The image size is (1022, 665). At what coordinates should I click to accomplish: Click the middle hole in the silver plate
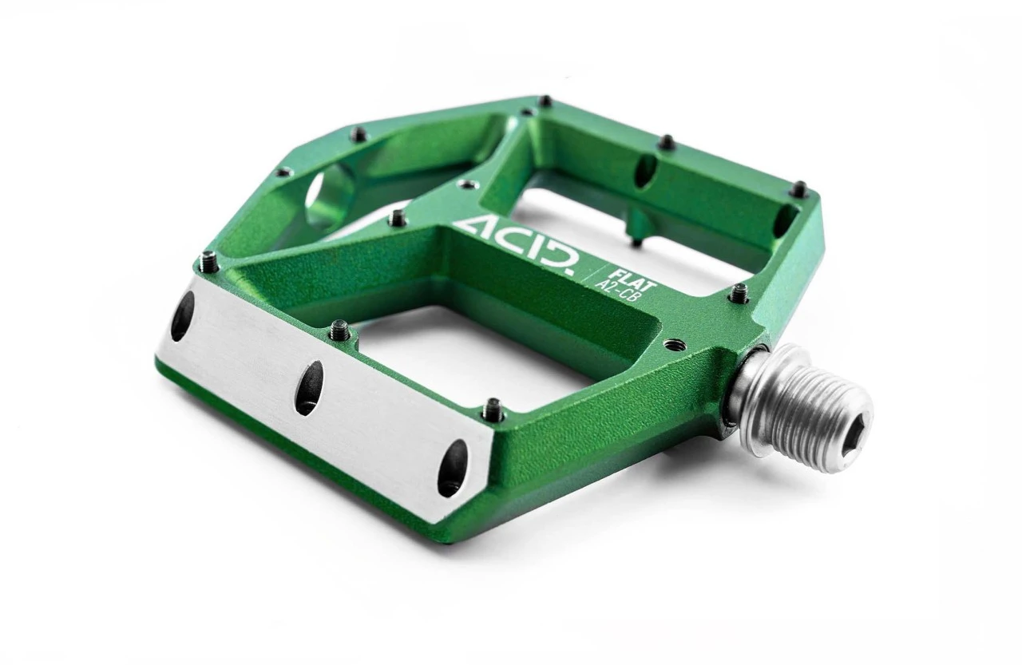point(310,388)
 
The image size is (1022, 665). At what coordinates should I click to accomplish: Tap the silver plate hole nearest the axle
point(452,468)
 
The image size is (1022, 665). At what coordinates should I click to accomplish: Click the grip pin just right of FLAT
point(739,293)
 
